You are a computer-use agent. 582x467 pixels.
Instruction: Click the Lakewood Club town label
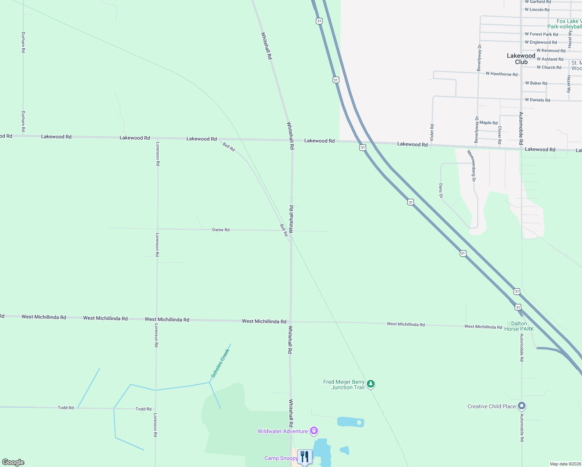tap(521, 59)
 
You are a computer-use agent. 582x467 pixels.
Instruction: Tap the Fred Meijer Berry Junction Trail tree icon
tap(371, 384)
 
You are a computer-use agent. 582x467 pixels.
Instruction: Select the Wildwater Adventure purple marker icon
tap(314, 431)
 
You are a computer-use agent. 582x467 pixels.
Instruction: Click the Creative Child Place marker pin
tap(522, 406)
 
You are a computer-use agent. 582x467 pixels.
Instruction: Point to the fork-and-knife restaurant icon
tap(305, 456)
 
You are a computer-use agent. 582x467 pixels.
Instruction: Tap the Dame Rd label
tap(221, 230)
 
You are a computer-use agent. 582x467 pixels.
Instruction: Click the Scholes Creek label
tap(220, 363)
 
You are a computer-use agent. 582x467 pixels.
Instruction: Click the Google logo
tap(13, 462)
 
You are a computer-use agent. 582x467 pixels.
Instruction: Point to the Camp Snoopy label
tap(281, 458)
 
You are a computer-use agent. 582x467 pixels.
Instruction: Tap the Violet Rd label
tap(432, 133)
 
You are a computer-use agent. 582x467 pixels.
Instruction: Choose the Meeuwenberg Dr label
tap(472, 166)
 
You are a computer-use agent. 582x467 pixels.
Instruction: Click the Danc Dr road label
tap(441, 191)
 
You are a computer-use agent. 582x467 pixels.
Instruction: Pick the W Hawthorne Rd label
tap(501, 74)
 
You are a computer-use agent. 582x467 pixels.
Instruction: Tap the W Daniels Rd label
tap(537, 100)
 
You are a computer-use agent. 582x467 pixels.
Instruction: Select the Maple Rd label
tap(488, 123)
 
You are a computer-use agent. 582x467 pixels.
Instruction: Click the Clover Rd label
tap(500, 135)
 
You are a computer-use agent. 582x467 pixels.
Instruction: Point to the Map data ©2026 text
tap(565, 464)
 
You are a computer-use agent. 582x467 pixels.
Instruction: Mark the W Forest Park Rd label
tap(541, 34)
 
